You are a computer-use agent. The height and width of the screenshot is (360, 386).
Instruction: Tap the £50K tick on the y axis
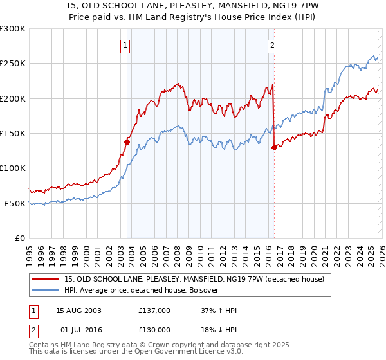click(15, 203)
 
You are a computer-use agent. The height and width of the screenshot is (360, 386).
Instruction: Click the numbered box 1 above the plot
click(125, 45)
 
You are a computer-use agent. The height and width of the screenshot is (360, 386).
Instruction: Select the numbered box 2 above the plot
click(272, 45)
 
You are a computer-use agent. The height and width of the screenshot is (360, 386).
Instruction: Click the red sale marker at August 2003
click(127, 143)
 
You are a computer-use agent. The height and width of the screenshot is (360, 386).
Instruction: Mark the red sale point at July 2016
click(274, 147)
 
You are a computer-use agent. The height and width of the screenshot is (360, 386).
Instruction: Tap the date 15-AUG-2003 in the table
click(79, 310)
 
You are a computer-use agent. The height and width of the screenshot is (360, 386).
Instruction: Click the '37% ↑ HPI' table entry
click(219, 310)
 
